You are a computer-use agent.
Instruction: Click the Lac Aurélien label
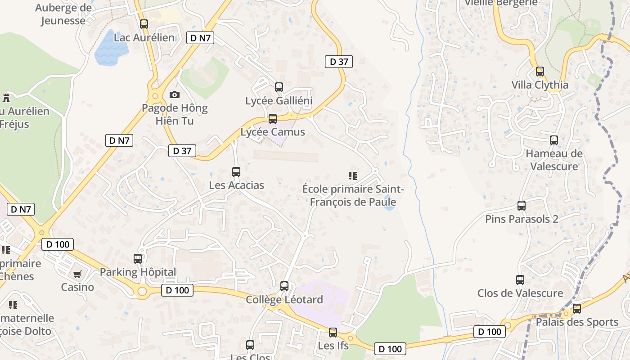pyautogui.click(x=144, y=37)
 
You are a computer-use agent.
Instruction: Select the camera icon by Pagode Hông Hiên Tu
pyautogui.click(x=175, y=94)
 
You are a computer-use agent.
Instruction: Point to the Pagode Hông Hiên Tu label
pyautogui.click(x=175, y=114)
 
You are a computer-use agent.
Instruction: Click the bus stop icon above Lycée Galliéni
pyautogui.click(x=279, y=87)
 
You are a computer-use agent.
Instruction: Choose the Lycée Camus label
pyautogui.click(x=273, y=132)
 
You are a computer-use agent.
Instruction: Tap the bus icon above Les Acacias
pyautogui.click(x=236, y=171)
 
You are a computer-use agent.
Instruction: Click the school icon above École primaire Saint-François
pyautogui.click(x=353, y=175)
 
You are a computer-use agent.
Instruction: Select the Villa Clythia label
pyautogui.click(x=540, y=85)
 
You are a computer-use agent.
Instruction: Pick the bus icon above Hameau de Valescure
pyautogui.click(x=554, y=140)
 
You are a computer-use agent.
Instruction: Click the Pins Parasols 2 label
pyautogui.click(x=522, y=219)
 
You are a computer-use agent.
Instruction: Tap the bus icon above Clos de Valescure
pyautogui.click(x=520, y=280)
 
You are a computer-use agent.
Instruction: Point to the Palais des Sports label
pyautogui.click(x=577, y=322)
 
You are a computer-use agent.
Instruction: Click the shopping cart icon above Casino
pyautogui.click(x=77, y=274)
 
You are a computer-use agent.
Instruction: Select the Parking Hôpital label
pyautogui.click(x=138, y=272)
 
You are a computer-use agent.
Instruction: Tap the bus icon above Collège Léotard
pyautogui.click(x=284, y=286)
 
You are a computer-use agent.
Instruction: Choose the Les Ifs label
pyautogui.click(x=333, y=346)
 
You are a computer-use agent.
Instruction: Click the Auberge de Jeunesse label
pyautogui.click(x=63, y=14)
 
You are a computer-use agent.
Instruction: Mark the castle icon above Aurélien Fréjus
pyautogui.click(x=6, y=97)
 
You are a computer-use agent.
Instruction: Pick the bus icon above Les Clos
pyautogui.click(x=250, y=345)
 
